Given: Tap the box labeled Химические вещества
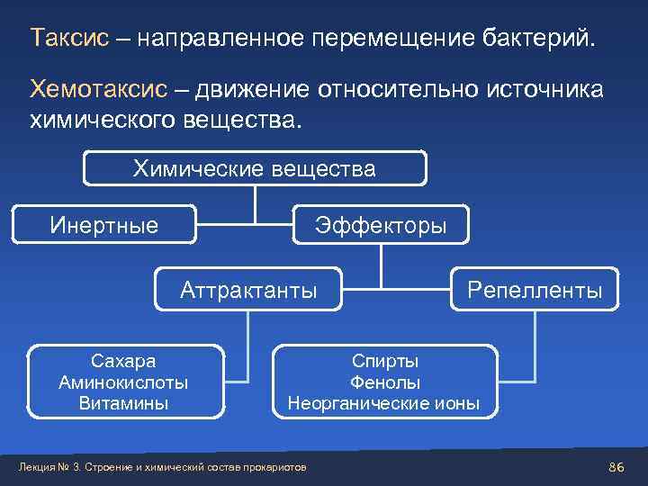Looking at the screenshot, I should [x=255, y=168].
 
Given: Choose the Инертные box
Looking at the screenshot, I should [x=103, y=224].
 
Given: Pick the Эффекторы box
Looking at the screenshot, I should [x=380, y=224].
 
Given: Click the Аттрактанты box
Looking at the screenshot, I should [x=248, y=289].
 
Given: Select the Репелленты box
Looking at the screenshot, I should [x=534, y=289].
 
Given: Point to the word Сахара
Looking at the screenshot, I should [x=123, y=361].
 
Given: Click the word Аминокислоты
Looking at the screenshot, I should [x=123, y=382].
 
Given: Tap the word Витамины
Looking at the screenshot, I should [x=123, y=402].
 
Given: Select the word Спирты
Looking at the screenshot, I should [x=384, y=361].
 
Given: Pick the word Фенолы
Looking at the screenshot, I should [x=384, y=382].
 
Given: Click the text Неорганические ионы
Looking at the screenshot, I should [x=384, y=402].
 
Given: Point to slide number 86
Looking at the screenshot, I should [x=616, y=466].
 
